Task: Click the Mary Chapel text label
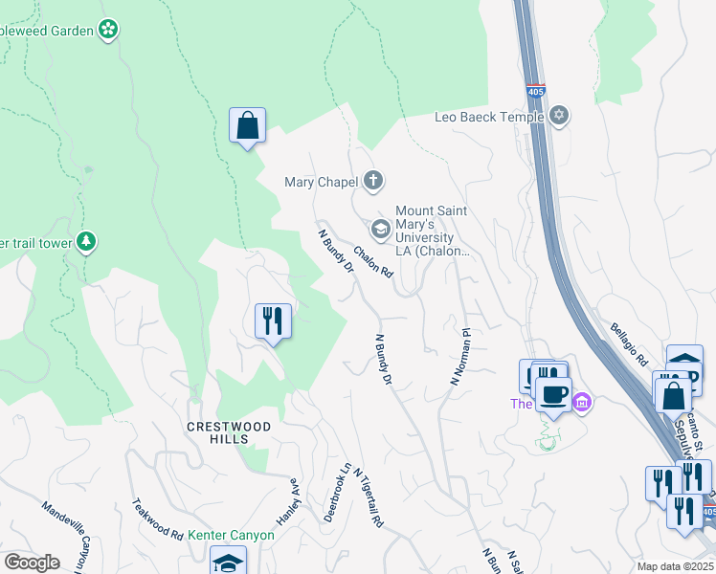[321, 181]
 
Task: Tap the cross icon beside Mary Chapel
[373, 180]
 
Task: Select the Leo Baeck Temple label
[488, 117]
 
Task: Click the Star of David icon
[559, 117]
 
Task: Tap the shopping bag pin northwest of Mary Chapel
[247, 126]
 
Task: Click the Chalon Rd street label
[373, 262]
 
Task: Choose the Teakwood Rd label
[157, 519]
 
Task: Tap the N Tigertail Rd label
[369, 497]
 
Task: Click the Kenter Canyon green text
[230, 535]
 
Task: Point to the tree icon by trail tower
[87, 242]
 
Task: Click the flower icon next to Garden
[109, 31]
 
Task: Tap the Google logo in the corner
[33, 562]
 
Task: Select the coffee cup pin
[553, 393]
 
